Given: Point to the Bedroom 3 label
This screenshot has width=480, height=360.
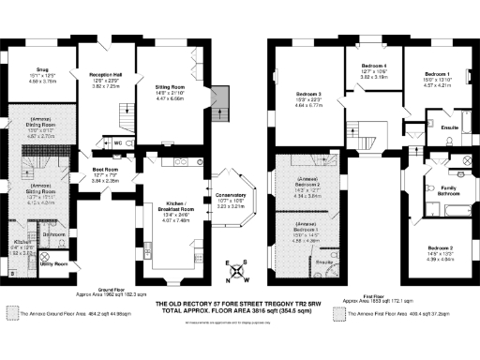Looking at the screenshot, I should pyautogui.click(x=308, y=95).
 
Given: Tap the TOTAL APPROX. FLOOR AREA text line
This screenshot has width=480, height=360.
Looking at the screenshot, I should pyautogui.click(x=240, y=316).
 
